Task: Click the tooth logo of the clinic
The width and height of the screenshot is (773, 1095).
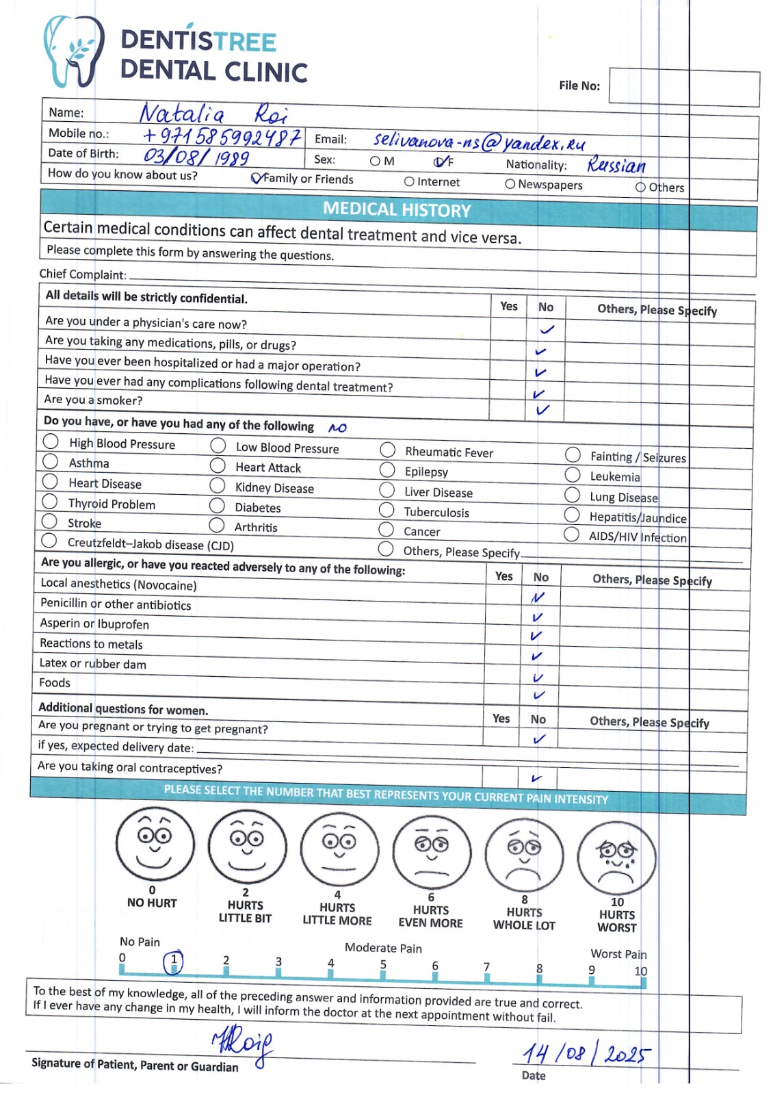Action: (74, 51)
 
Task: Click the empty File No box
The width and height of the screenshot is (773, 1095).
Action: (683, 87)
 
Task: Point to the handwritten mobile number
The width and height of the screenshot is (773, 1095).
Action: (222, 137)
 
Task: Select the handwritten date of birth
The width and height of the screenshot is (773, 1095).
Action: (196, 157)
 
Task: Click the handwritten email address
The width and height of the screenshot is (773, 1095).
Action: (479, 142)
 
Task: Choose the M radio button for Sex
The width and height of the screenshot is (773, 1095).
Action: (375, 162)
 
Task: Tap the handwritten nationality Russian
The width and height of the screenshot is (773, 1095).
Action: (616, 165)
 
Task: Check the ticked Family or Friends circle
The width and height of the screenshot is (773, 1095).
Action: (257, 179)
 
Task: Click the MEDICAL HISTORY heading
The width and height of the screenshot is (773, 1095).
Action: (397, 209)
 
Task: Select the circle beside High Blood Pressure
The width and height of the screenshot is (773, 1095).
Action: (51, 441)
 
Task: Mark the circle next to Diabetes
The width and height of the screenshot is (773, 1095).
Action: (217, 506)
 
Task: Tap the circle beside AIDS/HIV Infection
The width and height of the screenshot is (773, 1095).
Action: (571, 534)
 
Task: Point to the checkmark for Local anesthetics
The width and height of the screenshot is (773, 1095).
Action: (538, 597)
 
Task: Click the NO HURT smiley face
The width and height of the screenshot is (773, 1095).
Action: (155, 847)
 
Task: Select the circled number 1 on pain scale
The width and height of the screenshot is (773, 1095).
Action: (174, 962)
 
